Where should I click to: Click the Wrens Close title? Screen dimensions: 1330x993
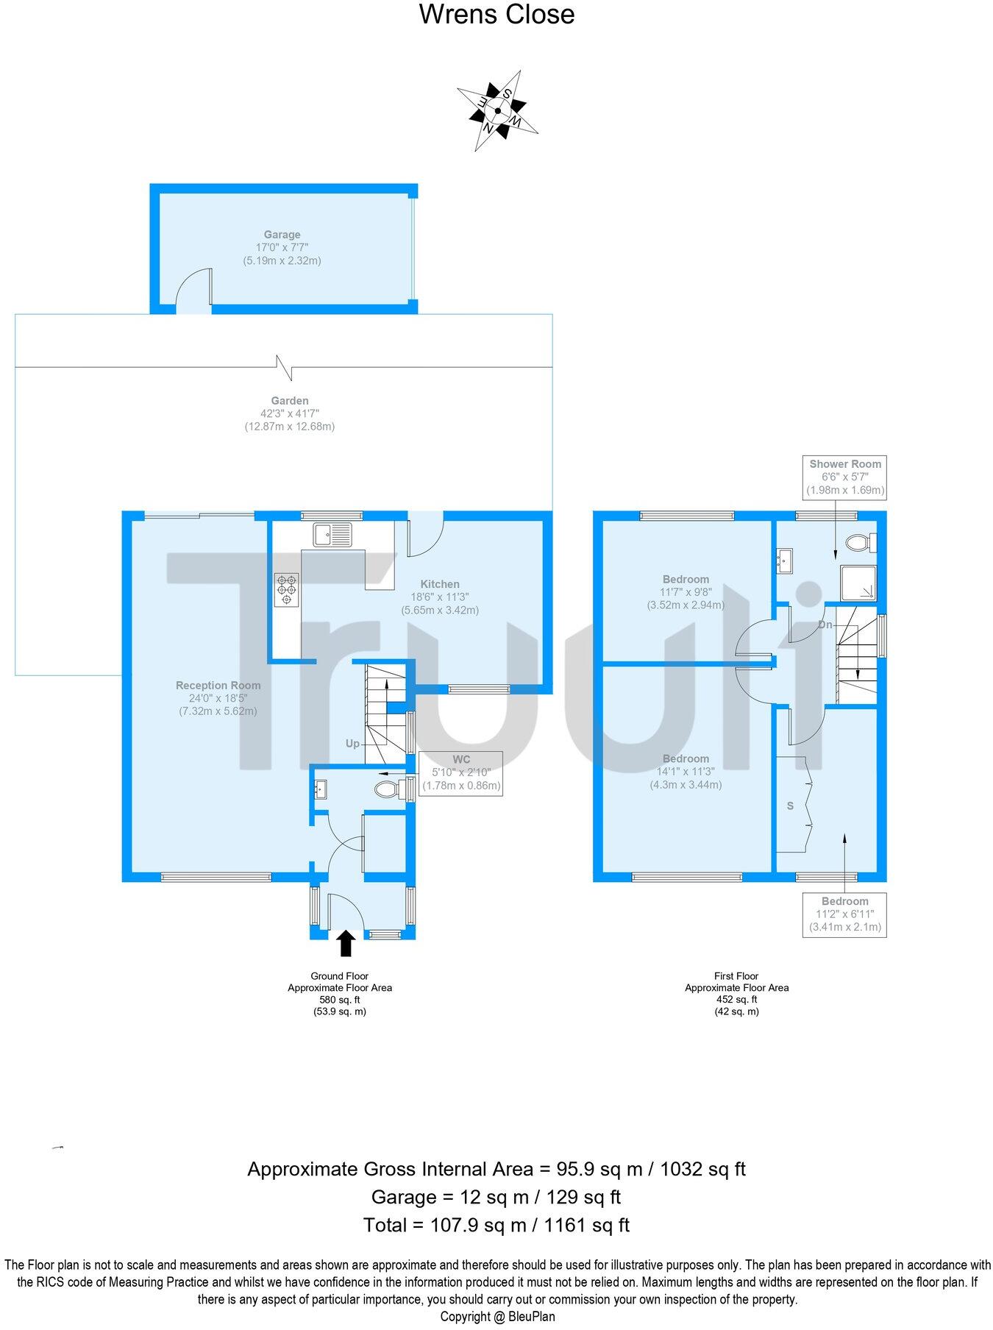496,14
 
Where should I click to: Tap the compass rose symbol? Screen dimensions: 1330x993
498,111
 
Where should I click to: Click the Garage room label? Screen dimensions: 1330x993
282,235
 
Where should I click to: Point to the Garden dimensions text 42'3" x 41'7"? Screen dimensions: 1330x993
289,413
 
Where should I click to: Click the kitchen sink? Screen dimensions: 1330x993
333,534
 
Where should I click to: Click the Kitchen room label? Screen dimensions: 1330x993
440,584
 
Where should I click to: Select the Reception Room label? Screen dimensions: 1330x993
218,685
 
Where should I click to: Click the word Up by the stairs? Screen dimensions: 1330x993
353,744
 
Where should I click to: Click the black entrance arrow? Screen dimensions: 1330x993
345,942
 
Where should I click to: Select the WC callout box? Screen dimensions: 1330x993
461,772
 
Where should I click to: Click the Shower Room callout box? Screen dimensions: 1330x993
845,477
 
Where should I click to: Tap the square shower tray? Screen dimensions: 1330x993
858,583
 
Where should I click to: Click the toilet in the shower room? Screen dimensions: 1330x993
859,544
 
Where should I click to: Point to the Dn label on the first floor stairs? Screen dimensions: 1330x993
825,625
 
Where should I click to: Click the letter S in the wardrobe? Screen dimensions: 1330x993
791,806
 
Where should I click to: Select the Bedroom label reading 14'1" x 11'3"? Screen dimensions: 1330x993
686,772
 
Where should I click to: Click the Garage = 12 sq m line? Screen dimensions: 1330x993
496,1197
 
